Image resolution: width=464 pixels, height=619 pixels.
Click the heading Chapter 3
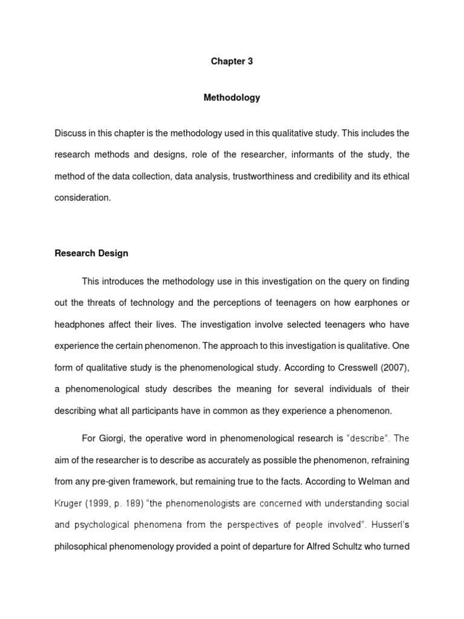pos(231,61)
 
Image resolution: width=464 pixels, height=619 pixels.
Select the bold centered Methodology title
pos(232,97)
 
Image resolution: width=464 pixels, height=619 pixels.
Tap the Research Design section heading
pos(91,253)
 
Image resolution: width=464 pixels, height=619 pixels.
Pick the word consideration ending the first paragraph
pos(83,198)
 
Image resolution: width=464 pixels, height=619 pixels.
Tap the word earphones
pos(378,302)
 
